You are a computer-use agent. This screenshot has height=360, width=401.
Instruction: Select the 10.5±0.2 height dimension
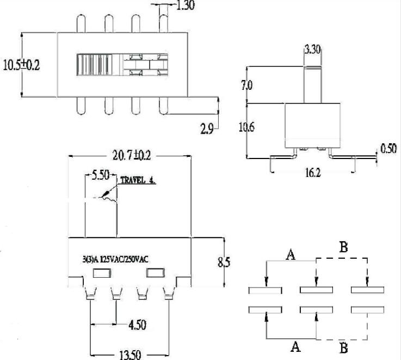tap(21, 65)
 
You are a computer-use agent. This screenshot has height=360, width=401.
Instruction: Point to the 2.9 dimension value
tap(207, 129)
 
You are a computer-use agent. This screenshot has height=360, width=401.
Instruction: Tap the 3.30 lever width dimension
tap(312, 50)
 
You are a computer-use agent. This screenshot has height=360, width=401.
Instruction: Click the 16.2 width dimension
tap(312, 173)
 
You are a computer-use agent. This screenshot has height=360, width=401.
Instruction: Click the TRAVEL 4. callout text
tap(138, 180)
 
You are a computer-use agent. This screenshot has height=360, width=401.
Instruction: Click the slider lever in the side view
tap(312, 84)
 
